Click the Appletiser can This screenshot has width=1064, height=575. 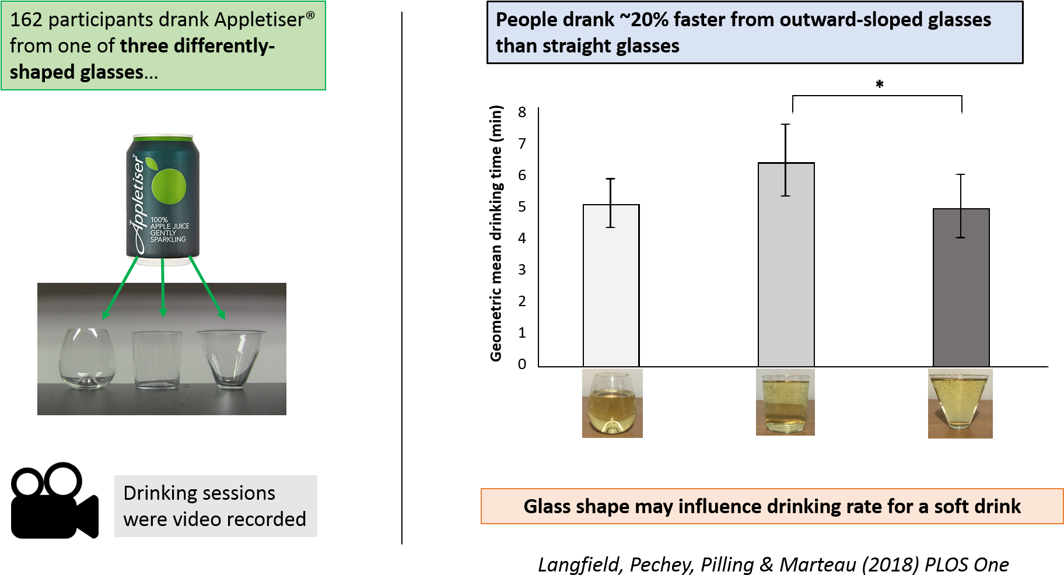[163, 199]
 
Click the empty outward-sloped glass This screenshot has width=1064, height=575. [231, 357]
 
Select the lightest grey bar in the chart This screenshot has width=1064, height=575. [611, 285]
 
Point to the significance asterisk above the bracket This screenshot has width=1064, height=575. [880, 85]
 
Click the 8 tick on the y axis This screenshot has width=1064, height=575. [522, 112]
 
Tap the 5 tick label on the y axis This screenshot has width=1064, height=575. [522, 206]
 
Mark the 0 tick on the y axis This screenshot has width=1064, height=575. [522, 364]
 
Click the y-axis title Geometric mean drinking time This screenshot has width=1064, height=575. [496, 233]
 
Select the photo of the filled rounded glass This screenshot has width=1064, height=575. [612, 403]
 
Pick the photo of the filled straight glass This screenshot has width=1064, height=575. [785, 402]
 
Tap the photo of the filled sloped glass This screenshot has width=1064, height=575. [960, 404]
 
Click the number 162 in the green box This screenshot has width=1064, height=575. [26, 20]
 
